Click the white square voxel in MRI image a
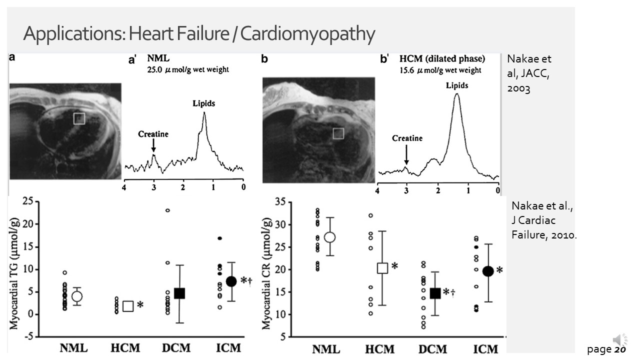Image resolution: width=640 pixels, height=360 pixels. (x=79, y=118)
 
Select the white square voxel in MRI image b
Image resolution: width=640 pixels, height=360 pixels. (x=338, y=133)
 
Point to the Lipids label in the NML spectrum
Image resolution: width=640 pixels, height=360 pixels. (x=203, y=103)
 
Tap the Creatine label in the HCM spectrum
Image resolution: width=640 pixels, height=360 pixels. (x=407, y=138)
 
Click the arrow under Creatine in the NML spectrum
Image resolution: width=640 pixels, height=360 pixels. (x=153, y=145)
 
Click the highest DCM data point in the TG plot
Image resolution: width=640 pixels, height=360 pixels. (x=167, y=210)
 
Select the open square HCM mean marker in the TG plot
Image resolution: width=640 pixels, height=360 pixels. (x=128, y=306)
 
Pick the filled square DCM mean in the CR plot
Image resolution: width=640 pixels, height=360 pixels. (x=435, y=293)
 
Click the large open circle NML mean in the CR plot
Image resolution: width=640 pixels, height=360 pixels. (x=329, y=237)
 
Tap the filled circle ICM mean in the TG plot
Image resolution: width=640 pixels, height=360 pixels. (x=231, y=281)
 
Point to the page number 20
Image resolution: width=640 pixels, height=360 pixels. (x=620, y=350)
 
